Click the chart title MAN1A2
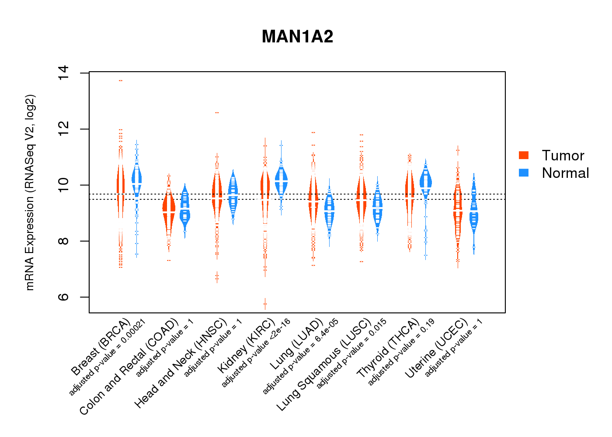pos(297,37)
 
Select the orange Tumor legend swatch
pos(523,155)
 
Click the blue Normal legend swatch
pos(523,173)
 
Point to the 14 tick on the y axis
pos(63,73)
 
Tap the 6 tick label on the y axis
pos(63,297)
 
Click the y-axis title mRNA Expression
pos(30,192)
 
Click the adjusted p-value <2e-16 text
pos(256,353)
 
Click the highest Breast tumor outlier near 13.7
pos(120,80)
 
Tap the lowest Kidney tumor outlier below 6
pos(265,304)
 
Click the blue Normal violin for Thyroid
pos(425,179)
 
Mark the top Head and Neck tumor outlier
pos(217,113)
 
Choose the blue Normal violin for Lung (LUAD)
pos(329,210)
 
